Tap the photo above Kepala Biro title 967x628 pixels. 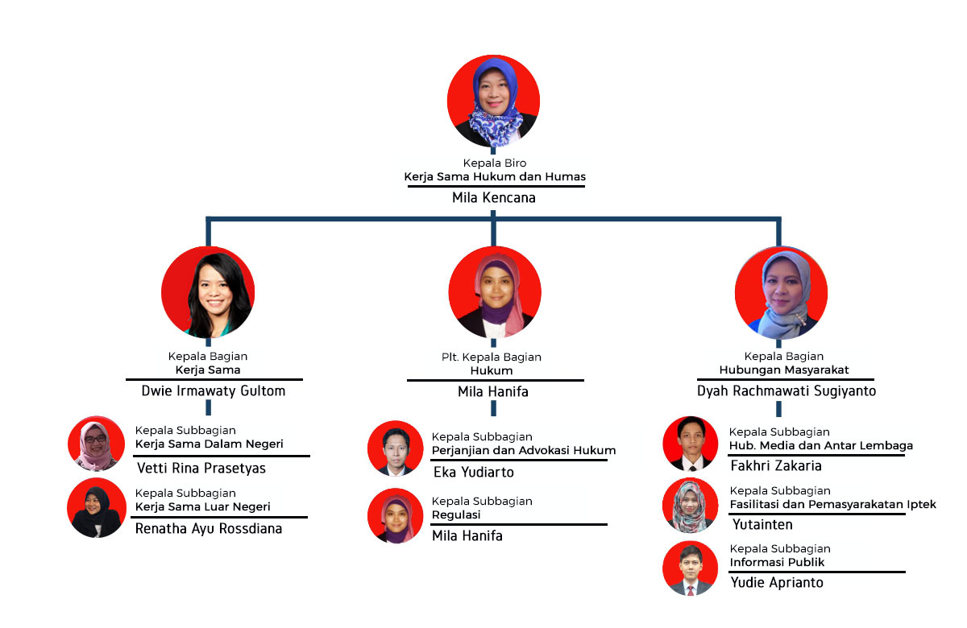pyautogui.click(x=493, y=101)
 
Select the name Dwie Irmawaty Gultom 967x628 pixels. pyautogui.click(x=214, y=390)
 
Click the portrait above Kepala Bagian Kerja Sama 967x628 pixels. pyautogui.click(x=208, y=291)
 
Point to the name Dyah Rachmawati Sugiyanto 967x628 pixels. pyautogui.click(x=786, y=390)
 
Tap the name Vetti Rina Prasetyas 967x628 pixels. pyautogui.click(x=201, y=468)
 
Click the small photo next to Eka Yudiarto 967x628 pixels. pyautogui.click(x=395, y=447)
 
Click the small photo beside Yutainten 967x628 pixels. pyautogui.click(x=690, y=505)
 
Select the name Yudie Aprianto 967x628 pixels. pyautogui.click(x=776, y=582)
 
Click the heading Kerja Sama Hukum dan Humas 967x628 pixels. pyautogui.click(x=495, y=176)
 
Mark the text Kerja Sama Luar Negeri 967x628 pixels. pyautogui.click(x=202, y=506)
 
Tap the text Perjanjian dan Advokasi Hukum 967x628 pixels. pyautogui.click(x=524, y=450)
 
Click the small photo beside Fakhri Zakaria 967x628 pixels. pyautogui.click(x=690, y=443)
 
